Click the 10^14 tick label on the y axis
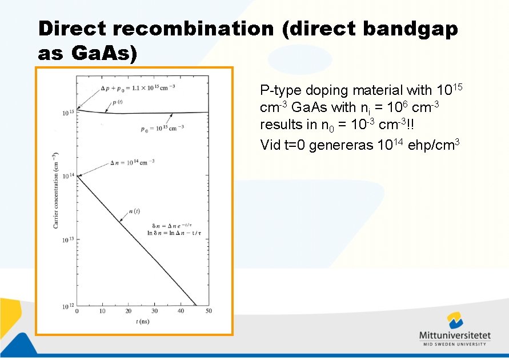click(x=68, y=176)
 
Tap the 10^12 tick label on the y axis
click(x=68, y=307)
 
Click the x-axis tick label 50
click(x=208, y=311)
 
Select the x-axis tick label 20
click(x=129, y=311)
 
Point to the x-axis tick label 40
click(x=181, y=311)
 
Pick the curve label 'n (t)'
click(x=135, y=211)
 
